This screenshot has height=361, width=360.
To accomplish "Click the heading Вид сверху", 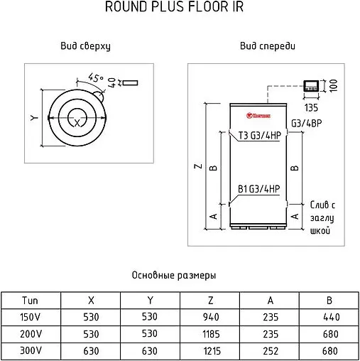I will [x=87, y=46].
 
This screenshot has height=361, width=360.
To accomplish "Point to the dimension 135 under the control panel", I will [x=311, y=108].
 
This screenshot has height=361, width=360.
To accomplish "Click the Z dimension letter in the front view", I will [x=197, y=167].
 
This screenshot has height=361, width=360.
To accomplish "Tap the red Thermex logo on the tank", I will [x=256, y=111].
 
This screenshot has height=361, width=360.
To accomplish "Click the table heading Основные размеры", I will [x=174, y=275].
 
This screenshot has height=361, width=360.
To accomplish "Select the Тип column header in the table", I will [x=31, y=300].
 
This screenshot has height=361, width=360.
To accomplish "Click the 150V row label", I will [x=31, y=317].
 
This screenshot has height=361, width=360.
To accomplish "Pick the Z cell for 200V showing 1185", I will [x=210, y=334].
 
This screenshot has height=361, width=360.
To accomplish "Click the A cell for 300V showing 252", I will [x=270, y=351].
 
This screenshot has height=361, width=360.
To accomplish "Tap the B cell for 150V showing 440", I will [x=329, y=317].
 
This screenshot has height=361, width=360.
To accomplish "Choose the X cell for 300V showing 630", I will [x=90, y=351].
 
